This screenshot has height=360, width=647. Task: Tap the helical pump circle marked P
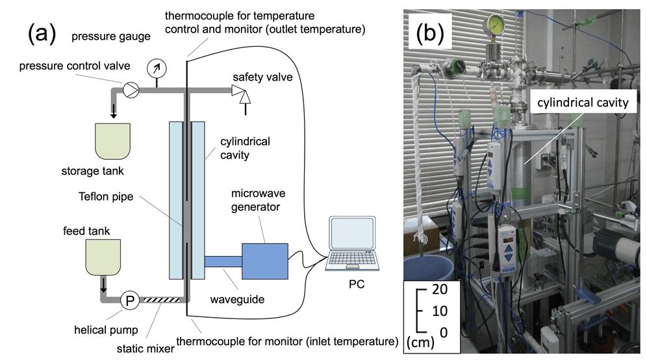pyautogui.click(x=129, y=300)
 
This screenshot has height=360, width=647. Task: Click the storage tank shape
pyautogui.click(x=114, y=142)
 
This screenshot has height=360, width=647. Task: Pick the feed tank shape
pyautogui.click(x=103, y=256)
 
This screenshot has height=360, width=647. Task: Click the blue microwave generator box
pyautogui.click(x=265, y=261)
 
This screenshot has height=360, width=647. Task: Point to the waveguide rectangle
pyautogui.click(x=223, y=262)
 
